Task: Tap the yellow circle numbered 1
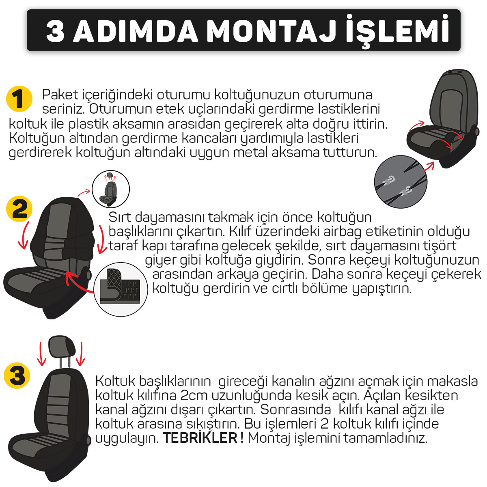pos(19,99)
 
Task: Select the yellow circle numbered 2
pos(19,209)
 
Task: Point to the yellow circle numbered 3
pos(17,376)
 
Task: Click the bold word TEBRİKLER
pos(200,438)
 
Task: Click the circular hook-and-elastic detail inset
pos(401,181)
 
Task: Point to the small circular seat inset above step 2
pos(111,189)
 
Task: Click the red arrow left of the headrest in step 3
pos(41,354)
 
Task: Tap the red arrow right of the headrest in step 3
pos(81,354)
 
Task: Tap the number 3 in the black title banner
pos(55,32)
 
